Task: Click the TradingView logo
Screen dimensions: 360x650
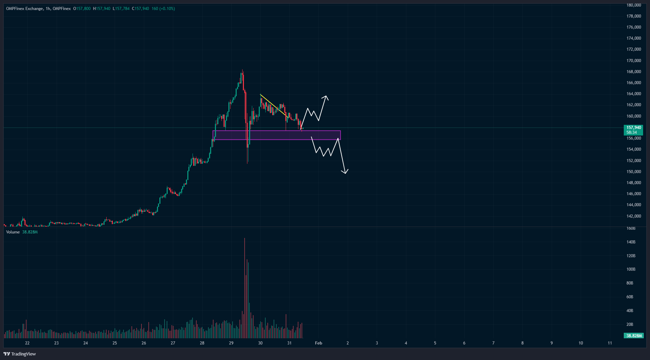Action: pyautogui.click(x=20, y=354)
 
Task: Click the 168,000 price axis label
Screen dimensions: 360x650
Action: pyautogui.click(x=633, y=72)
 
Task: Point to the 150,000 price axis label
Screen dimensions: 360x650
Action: pyautogui.click(x=633, y=172)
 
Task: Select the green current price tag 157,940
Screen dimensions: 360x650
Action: pyautogui.click(x=633, y=128)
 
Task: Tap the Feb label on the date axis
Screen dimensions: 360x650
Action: pyautogui.click(x=318, y=343)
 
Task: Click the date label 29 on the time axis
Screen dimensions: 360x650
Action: pyautogui.click(x=231, y=343)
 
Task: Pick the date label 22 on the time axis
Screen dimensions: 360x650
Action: pyautogui.click(x=27, y=343)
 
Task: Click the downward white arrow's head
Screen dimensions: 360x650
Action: pyautogui.click(x=345, y=172)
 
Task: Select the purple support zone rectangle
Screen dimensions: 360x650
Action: pyautogui.click(x=276, y=135)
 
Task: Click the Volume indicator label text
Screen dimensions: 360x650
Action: pyautogui.click(x=13, y=232)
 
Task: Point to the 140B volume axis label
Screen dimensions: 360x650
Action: pyautogui.click(x=631, y=242)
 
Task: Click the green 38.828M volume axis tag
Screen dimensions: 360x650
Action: pyautogui.click(x=634, y=336)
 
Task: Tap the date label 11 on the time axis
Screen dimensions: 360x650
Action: pyautogui.click(x=610, y=343)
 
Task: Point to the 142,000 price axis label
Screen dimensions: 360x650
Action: pyautogui.click(x=633, y=216)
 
